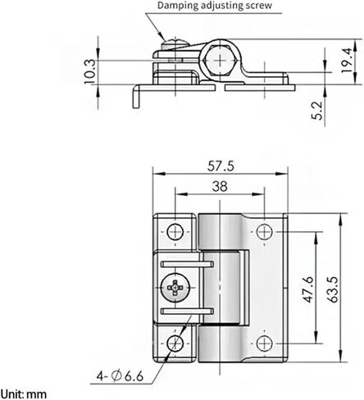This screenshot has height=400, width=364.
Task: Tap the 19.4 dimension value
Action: click(x=348, y=59)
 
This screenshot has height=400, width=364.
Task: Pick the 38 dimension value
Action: click(x=219, y=186)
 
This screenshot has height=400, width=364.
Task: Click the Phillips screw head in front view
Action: click(x=175, y=288)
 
